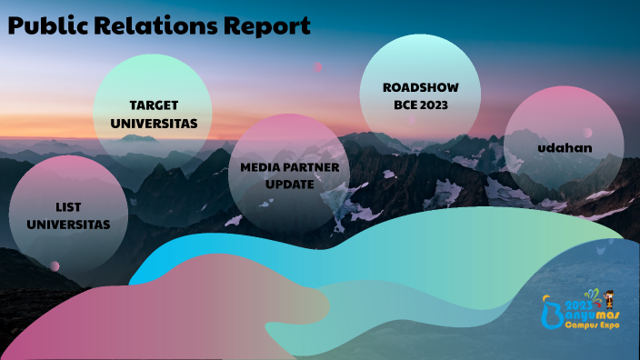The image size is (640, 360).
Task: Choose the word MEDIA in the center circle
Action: (x=258, y=167)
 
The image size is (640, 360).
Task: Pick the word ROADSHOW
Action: (x=419, y=87)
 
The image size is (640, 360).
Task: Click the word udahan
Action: (x=564, y=146)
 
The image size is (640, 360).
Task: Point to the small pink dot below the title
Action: (x=318, y=67)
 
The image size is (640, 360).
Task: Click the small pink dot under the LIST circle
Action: (x=55, y=265)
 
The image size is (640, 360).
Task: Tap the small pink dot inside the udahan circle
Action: (x=587, y=133)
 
